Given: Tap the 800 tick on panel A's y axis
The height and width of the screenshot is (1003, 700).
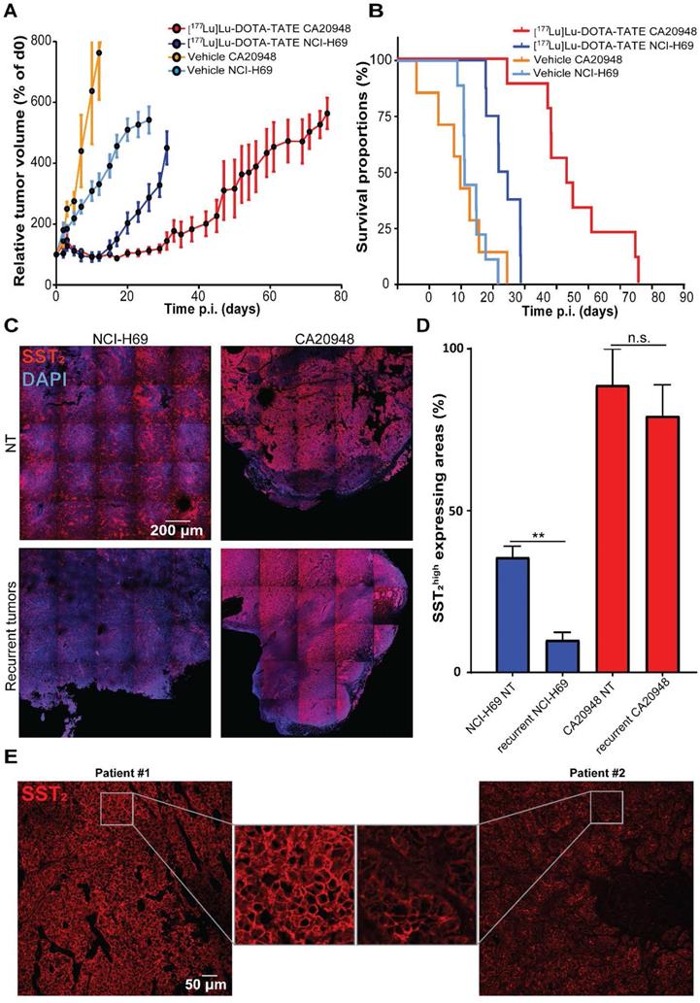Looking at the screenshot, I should click(x=40, y=41).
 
